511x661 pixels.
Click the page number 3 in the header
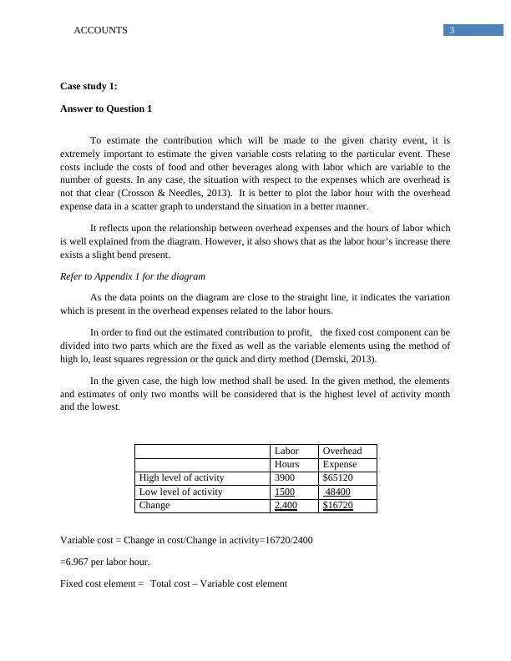coord(452,31)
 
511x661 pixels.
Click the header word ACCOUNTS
coord(101,30)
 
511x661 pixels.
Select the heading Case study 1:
coord(89,87)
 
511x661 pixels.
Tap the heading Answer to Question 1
coord(106,108)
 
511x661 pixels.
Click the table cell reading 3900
coord(285,477)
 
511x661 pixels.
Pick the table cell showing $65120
coord(337,477)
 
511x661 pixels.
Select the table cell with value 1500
coord(285,492)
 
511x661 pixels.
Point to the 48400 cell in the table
coord(337,492)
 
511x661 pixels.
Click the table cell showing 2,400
coord(286,505)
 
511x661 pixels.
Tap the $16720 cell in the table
coord(337,505)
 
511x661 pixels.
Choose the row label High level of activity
coord(181,477)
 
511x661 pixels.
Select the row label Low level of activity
coord(180,492)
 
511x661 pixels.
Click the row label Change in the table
coord(154,505)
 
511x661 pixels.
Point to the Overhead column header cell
coord(342,451)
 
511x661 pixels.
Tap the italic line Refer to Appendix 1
coord(133,276)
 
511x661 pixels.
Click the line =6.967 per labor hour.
coord(105,562)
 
